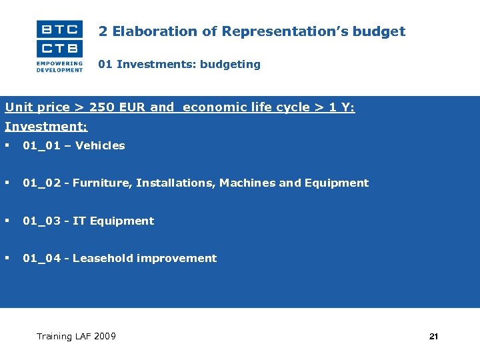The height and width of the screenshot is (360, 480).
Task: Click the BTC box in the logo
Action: [x=59, y=29]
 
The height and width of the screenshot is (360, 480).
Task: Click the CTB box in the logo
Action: [x=59, y=48]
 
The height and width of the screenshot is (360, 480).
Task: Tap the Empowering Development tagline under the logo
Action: [x=59, y=66]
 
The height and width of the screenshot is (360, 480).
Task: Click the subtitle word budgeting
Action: [x=229, y=65]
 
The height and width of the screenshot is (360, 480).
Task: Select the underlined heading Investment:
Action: [x=46, y=126]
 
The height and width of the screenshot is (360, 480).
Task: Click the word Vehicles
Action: [x=100, y=145]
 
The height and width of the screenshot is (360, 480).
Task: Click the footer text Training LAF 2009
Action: [x=76, y=336]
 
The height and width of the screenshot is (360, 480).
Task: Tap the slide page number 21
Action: [x=433, y=337]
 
